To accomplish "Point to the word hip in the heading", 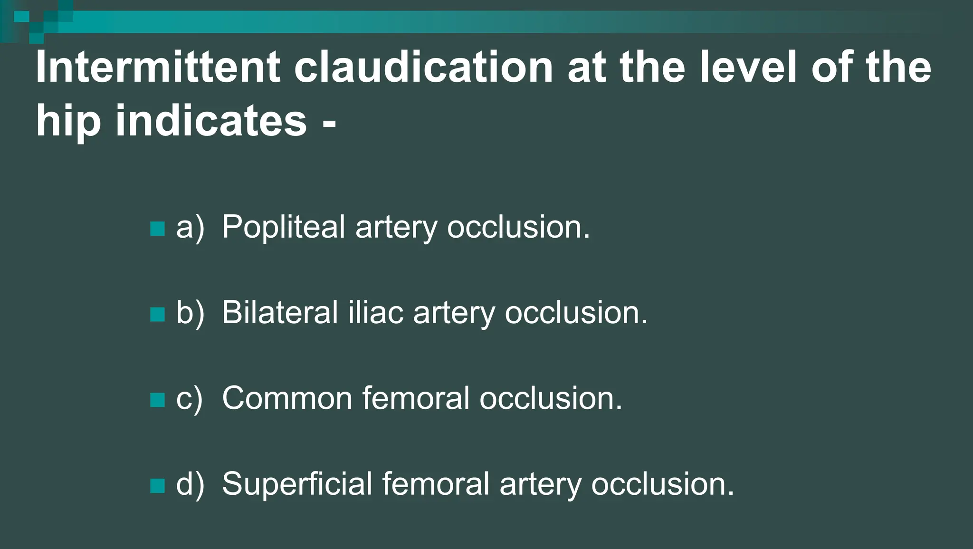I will click(x=68, y=121).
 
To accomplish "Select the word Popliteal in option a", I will click(x=283, y=227).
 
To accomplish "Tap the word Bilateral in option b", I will click(x=279, y=313).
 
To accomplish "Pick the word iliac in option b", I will click(x=375, y=313).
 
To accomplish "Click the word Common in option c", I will click(x=287, y=398).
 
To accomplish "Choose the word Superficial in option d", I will click(x=297, y=484).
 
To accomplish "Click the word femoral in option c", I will click(x=416, y=398).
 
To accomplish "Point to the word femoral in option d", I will click(x=436, y=484).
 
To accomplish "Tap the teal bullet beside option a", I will click(x=157, y=229).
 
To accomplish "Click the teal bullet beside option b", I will click(x=157, y=314).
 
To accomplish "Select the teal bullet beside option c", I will click(x=157, y=400).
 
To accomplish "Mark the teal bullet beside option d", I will click(x=157, y=486).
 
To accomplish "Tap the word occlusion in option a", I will click(x=518, y=227).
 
